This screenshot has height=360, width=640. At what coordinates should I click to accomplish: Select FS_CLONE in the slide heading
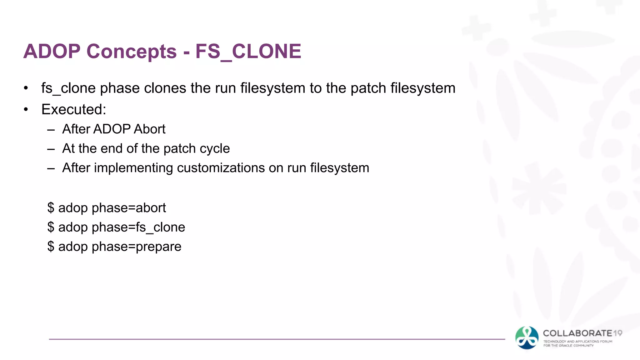[x=248, y=51]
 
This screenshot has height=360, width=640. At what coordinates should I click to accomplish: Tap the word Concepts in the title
[x=132, y=51]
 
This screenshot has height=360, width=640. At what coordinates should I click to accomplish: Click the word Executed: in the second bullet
[x=74, y=109]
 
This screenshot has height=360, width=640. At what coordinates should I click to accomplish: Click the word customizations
[x=221, y=168]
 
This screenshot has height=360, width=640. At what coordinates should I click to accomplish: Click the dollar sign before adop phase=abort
[x=51, y=208]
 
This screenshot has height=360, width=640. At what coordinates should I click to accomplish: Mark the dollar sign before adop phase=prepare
[x=51, y=247]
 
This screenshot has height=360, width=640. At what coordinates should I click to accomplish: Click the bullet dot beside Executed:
[x=26, y=110]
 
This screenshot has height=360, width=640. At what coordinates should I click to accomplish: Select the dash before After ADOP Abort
[x=51, y=129]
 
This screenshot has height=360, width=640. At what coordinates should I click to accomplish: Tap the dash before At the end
[x=51, y=149]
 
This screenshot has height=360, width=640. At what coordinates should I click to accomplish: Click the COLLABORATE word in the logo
[x=577, y=333]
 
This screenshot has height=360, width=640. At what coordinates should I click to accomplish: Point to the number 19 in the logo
[x=617, y=333]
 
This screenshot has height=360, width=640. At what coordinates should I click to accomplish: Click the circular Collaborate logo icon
[x=527, y=338]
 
